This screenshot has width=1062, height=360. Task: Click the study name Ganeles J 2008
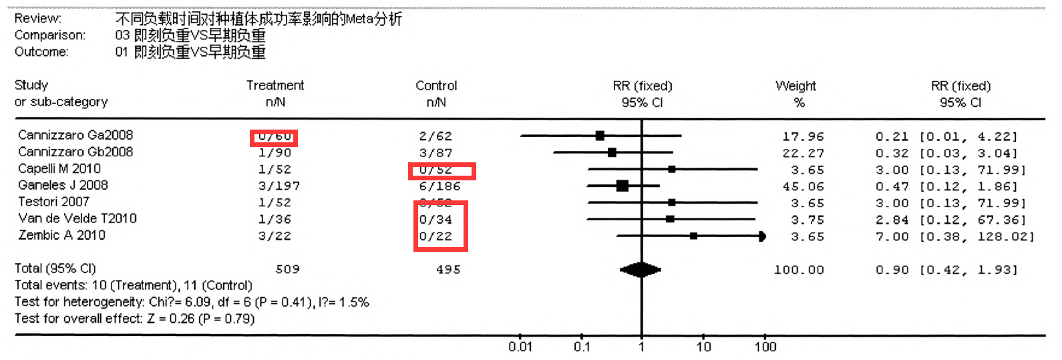pyautogui.click(x=63, y=185)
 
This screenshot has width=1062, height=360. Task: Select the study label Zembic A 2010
pyautogui.click(x=61, y=235)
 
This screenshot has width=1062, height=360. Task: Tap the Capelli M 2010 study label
pyautogui.click(x=59, y=168)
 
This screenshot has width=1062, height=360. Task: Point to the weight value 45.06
pyautogui.click(x=803, y=186)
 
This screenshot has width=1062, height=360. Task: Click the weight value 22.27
pyautogui.click(x=803, y=153)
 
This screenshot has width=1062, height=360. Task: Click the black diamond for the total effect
pyautogui.click(x=641, y=270)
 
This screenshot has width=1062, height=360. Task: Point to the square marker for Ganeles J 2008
pyautogui.click(x=623, y=186)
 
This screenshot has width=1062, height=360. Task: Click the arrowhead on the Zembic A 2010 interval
pyautogui.click(x=763, y=236)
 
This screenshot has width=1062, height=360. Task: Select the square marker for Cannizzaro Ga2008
pyautogui.click(x=600, y=136)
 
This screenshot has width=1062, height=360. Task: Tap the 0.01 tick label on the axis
pyautogui.click(x=520, y=347)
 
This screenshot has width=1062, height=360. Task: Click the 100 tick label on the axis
pyautogui.click(x=765, y=347)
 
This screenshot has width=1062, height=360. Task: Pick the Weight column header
pyautogui.click(x=795, y=86)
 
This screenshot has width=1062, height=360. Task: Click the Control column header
pyautogui.click(x=436, y=86)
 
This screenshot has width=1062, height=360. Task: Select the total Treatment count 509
pyautogui.click(x=287, y=269)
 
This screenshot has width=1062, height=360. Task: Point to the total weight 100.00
pyautogui.click(x=799, y=270)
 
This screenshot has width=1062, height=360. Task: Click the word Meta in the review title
pyautogui.click(x=359, y=19)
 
